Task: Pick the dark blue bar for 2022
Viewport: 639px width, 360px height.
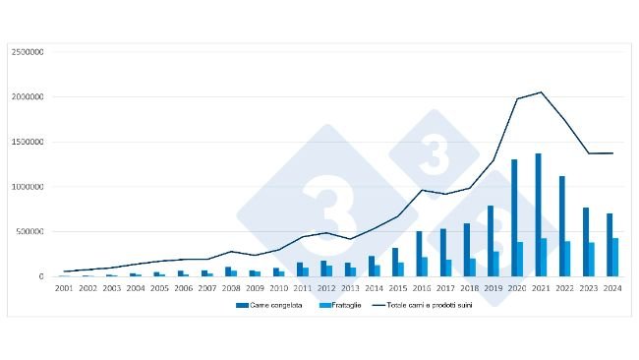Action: [x=562, y=226]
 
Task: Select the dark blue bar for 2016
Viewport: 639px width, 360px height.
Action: [x=418, y=254]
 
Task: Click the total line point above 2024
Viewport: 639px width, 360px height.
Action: [x=612, y=153]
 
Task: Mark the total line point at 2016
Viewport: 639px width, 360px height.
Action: [x=421, y=190]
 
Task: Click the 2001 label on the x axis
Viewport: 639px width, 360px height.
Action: [x=64, y=288]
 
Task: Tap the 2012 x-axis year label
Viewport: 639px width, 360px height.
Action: [x=326, y=288]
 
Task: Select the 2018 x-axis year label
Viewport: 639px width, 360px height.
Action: [x=469, y=288]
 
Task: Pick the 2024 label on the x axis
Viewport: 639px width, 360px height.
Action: [x=612, y=288]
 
